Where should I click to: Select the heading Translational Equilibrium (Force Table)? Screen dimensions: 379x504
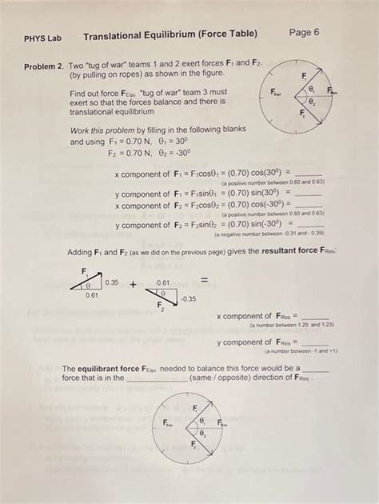pyautogui.click(x=170, y=34)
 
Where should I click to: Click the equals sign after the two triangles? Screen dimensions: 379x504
pyautogui.click(x=204, y=280)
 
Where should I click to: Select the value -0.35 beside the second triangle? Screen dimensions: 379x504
pyautogui.click(x=187, y=298)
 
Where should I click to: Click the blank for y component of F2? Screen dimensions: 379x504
pyautogui.click(x=309, y=225)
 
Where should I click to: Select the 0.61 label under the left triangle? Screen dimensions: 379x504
pyautogui.click(x=92, y=296)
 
